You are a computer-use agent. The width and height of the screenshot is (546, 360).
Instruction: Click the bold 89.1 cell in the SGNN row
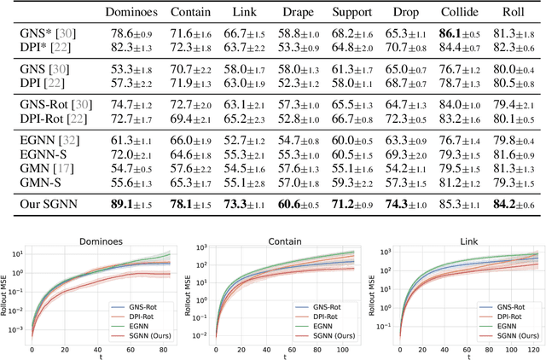click(x=133, y=204)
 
